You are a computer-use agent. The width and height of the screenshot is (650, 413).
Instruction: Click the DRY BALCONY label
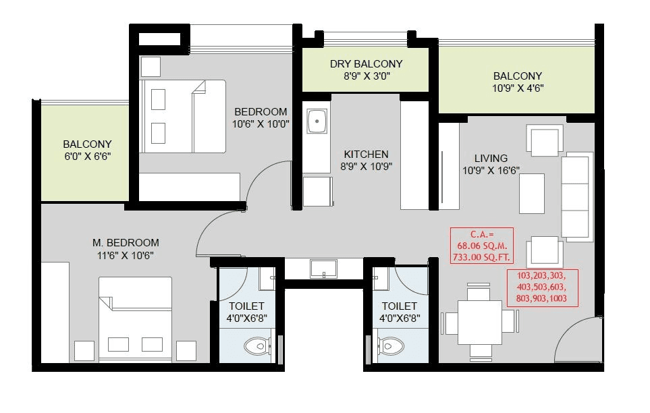pos(366,64)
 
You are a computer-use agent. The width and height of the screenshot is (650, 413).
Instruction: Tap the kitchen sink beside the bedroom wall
pos(316,122)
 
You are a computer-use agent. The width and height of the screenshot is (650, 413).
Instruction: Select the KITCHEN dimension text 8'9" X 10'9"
pos(367,166)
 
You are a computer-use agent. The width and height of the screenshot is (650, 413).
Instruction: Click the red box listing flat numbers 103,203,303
pos(543,287)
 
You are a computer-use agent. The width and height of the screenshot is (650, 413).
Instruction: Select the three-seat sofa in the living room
pos(577,196)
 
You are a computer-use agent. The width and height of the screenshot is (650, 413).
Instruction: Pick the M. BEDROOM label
pos(126,243)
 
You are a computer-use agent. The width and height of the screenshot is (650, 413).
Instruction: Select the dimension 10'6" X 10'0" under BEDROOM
pos(260,124)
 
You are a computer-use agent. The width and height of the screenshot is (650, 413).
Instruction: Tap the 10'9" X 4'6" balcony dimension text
pos(518,88)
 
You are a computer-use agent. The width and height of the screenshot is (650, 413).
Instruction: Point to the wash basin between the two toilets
pos(325,269)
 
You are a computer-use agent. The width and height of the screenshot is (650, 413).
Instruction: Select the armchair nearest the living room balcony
pos(545,140)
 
